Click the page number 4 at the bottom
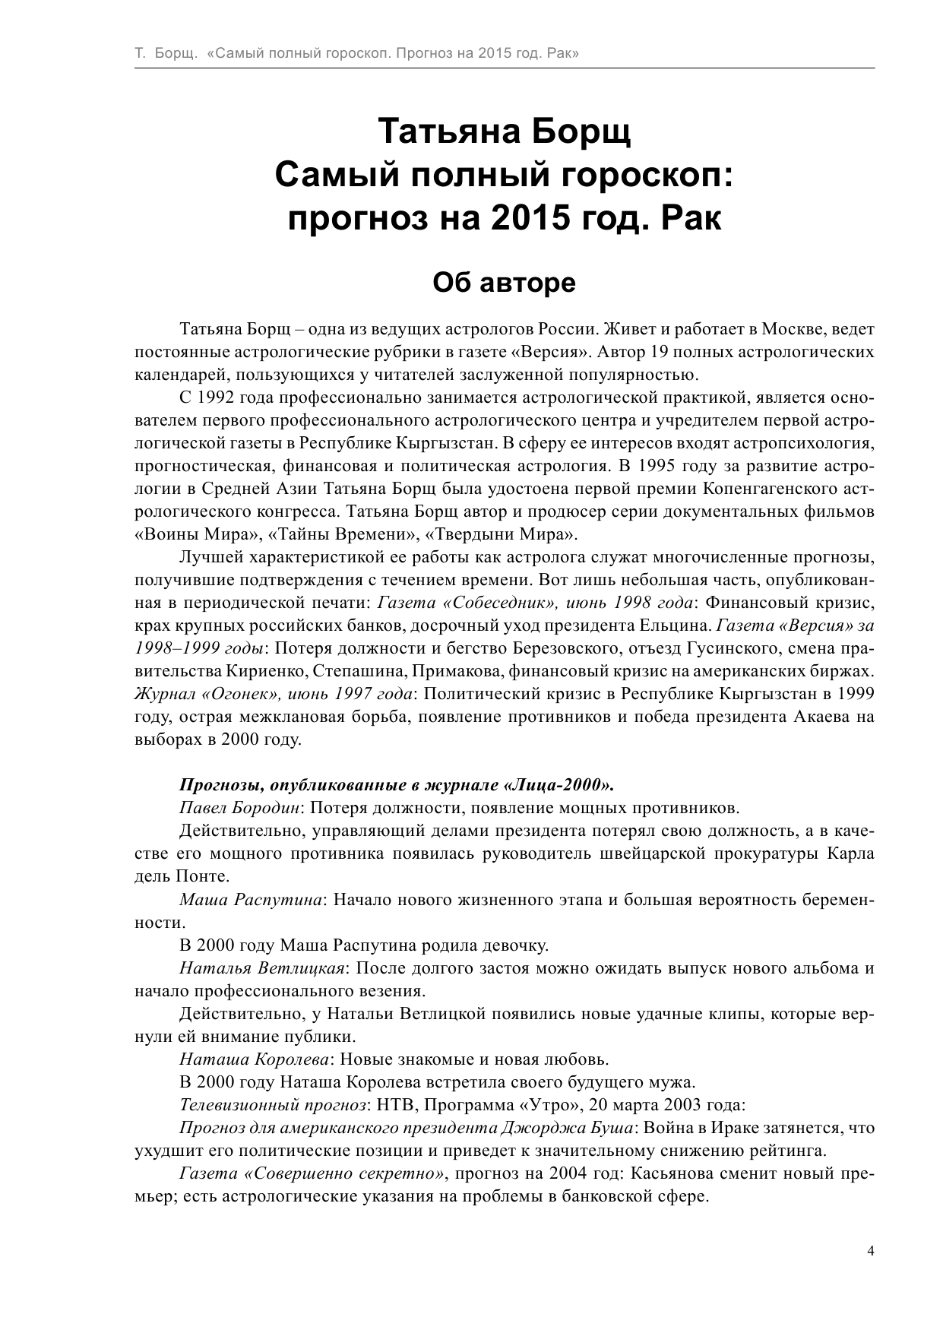871,1250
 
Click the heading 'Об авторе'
505,283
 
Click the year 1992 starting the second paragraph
218,397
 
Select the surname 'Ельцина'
681,625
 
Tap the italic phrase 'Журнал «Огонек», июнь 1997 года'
274,694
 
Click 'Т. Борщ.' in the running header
164,54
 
